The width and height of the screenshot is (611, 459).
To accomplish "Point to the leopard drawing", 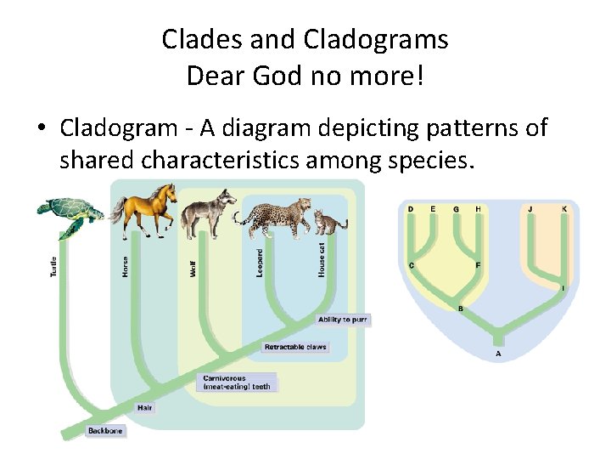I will coord(276,218).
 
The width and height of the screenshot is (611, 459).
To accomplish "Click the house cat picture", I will coord(329,223).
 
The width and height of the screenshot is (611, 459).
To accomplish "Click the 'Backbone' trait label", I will coord(105,431).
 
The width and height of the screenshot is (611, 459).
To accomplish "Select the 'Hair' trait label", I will coord(145,408).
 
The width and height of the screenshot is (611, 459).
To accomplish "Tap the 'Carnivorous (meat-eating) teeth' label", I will coord(236,383).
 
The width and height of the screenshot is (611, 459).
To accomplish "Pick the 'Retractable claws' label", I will coord(294,347).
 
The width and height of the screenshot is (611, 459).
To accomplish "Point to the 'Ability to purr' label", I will coord(343,320).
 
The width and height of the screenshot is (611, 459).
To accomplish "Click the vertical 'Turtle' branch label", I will coord(53,269).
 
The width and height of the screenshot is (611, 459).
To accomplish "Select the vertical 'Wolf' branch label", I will coord(193,269).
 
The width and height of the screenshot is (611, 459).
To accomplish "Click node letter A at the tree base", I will coord(498,354).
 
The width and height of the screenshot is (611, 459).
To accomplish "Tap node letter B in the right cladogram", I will coord(460,309).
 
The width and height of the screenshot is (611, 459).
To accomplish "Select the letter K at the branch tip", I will coord(564,209).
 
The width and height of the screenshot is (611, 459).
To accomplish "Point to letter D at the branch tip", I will coord(411,209).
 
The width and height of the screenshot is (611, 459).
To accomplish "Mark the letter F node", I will coord(478,265).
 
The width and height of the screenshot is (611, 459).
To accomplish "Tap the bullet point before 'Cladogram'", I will coord(41,129).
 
